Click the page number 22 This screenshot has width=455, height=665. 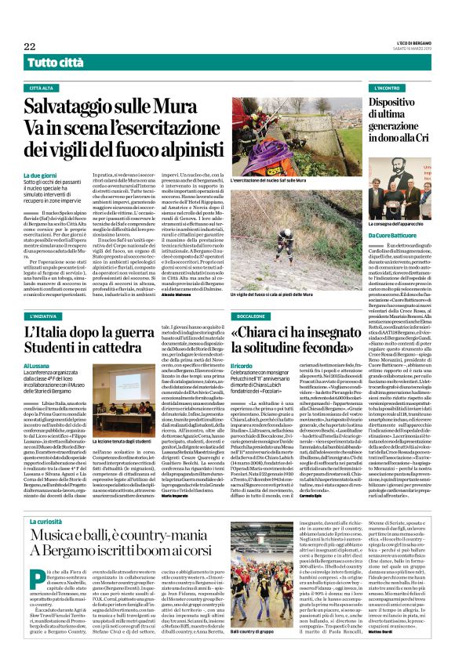pos(30,46)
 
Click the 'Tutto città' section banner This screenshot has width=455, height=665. pos(54,62)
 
